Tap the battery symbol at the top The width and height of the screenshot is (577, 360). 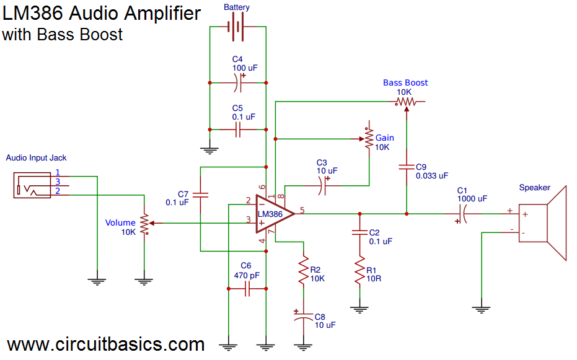[x=237, y=27]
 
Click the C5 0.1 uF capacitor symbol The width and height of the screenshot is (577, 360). [x=238, y=130]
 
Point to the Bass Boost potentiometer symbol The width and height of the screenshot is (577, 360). [x=406, y=101]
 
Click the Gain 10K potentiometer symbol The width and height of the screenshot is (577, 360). [x=368, y=139]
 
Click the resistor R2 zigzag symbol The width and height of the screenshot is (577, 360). [x=303, y=271]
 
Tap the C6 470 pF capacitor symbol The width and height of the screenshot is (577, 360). [x=247, y=289]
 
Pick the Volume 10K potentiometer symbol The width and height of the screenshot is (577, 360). [x=144, y=224]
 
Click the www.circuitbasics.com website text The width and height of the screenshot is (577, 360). [x=105, y=345]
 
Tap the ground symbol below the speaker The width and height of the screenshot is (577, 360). [x=481, y=307]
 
